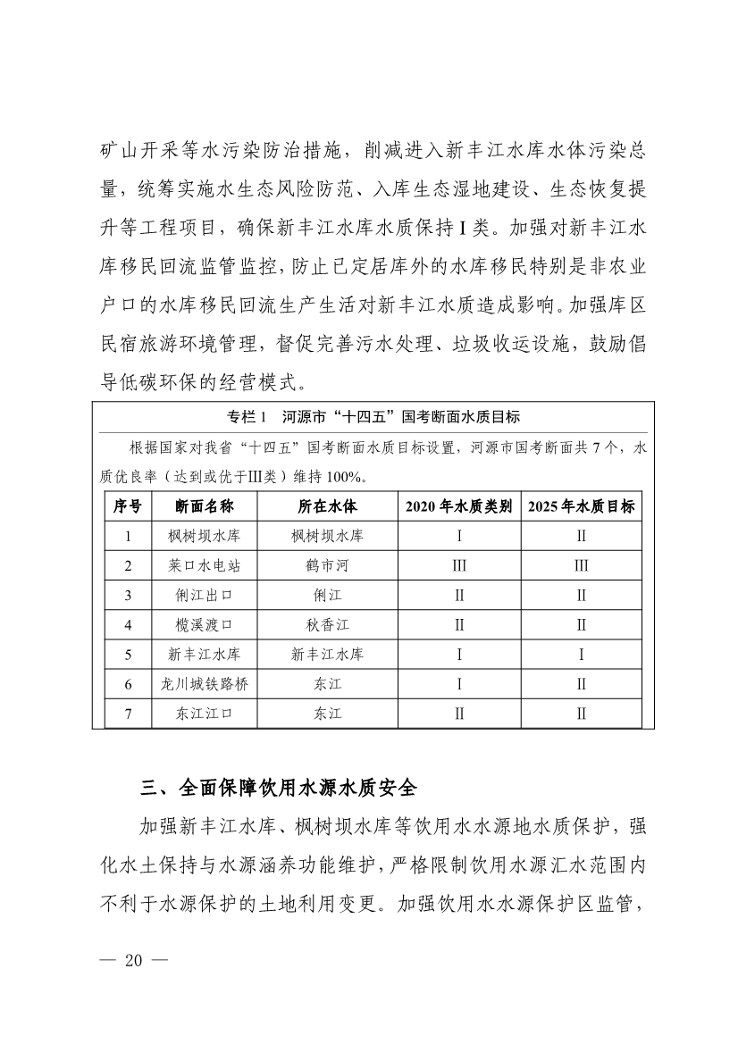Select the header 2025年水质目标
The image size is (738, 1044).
click(x=581, y=506)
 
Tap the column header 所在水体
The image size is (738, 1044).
click(x=327, y=506)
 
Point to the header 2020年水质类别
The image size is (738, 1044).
click(x=458, y=506)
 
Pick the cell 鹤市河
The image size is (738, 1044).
click(x=327, y=566)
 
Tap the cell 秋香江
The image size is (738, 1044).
click(x=327, y=625)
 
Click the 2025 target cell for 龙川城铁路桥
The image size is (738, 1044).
click(x=581, y=684)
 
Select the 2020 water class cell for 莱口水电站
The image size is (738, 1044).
click(x=458, y=566)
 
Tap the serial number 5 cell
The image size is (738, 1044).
click(x=128, y=655)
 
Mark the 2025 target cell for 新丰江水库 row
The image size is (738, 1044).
click(x=581, y=655)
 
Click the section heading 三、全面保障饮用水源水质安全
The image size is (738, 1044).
click(x=279, y=788)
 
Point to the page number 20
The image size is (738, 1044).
click(x=134, y=961)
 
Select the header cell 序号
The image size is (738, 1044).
click(x=128, y=506)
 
